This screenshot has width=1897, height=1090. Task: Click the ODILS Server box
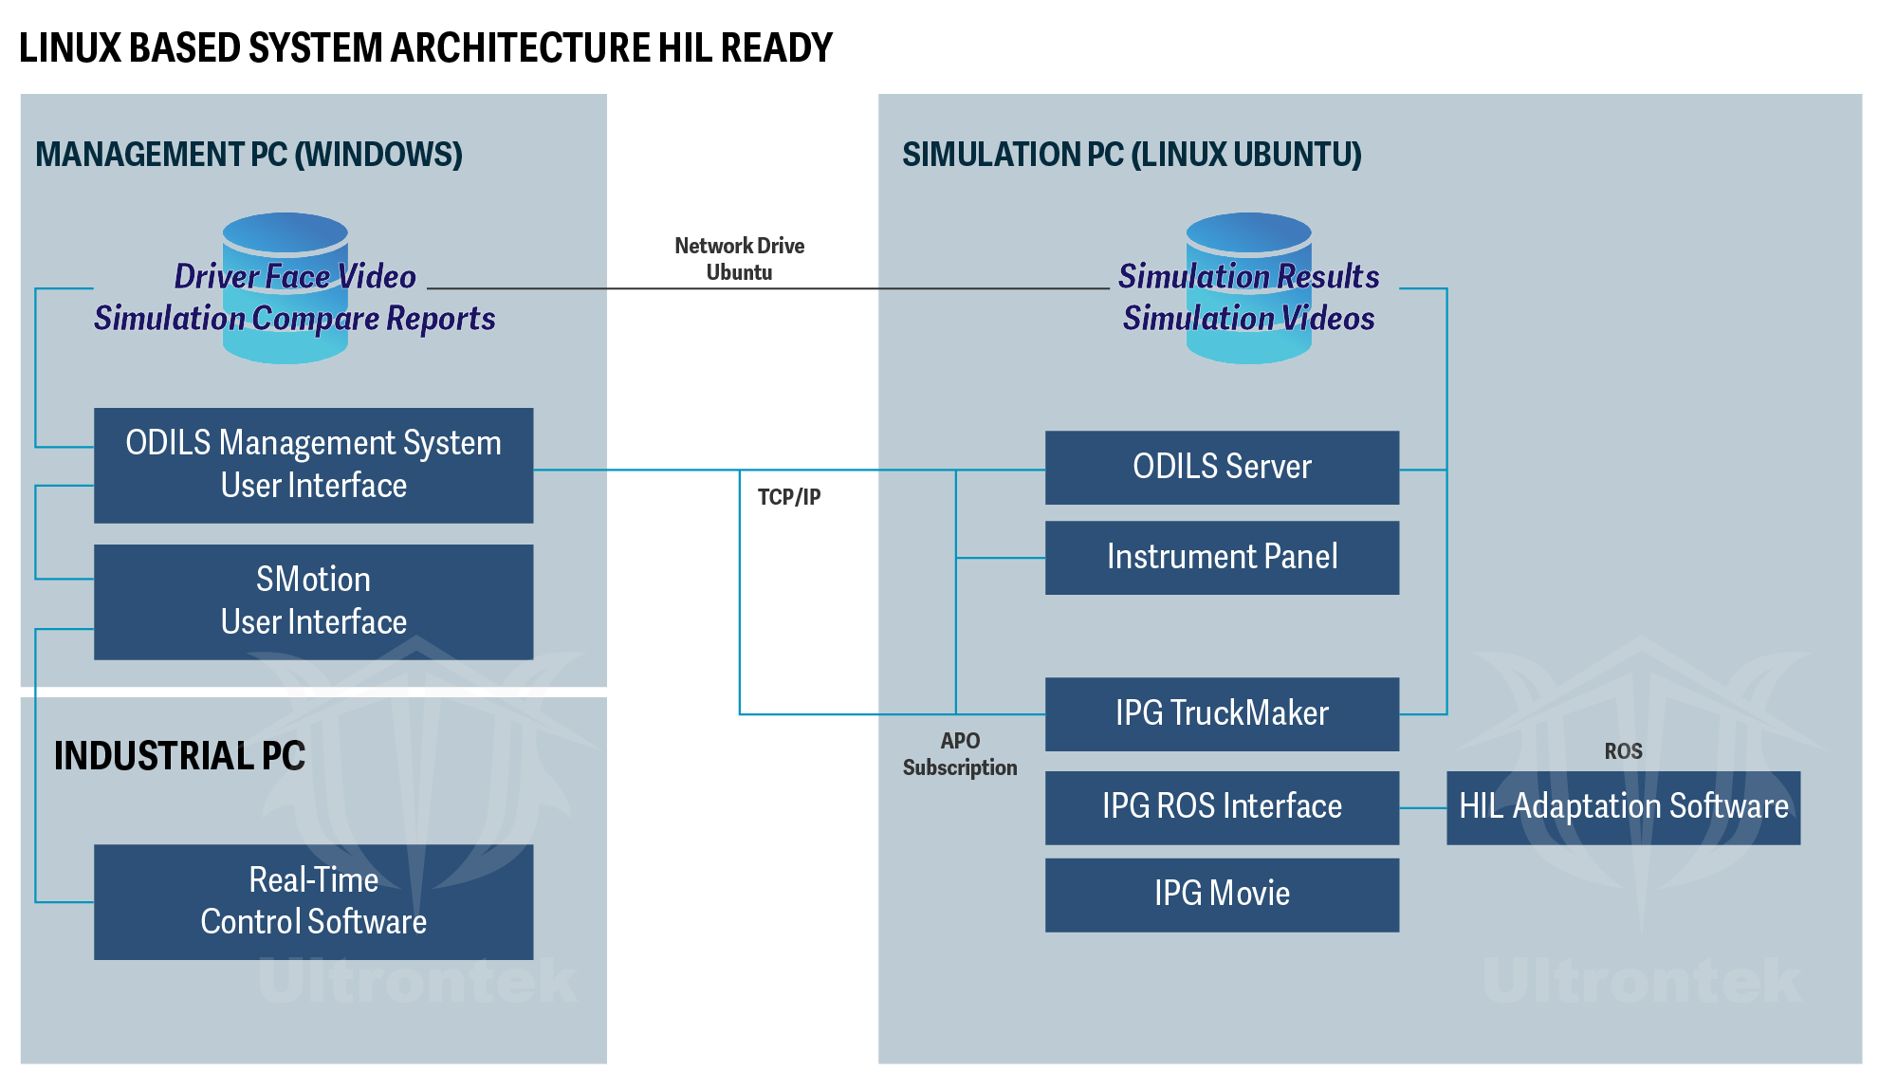(1222, 467)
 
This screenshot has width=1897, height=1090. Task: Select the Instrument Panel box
(1222, 557)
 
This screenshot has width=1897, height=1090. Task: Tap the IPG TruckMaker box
(1222, 713)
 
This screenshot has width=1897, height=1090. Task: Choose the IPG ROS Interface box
(1222, 806)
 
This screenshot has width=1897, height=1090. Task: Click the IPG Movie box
(1222, 894)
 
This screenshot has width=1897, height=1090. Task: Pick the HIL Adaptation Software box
(1623, 806)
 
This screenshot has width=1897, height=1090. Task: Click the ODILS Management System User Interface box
(313, 465)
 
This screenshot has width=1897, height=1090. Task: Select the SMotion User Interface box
(313, 601)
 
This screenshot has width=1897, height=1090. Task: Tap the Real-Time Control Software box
(313, 901)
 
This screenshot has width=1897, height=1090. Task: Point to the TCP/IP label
(789, 497)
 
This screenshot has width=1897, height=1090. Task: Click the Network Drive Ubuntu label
(739, 259)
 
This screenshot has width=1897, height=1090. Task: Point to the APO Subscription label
(960, 754)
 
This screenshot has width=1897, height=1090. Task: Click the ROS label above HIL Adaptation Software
(1623, 751)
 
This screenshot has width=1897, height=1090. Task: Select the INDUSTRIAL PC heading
(179, 756)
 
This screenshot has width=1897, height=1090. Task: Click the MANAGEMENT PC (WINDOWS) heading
(249, 155)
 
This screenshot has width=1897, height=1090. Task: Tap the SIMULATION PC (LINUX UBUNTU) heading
(1132, 155)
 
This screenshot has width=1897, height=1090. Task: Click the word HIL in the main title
(685, 47)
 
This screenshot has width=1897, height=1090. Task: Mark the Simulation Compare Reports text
(294, 319)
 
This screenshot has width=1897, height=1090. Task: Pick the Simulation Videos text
(1248, 319)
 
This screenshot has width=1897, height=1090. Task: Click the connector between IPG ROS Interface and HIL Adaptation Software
(1423, 808)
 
